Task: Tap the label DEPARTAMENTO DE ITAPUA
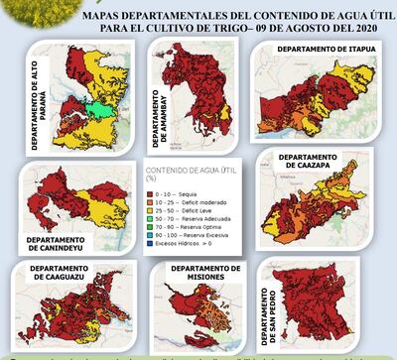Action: pyautogui.click(x=318, y=49)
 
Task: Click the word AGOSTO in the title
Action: pyautogui.click(x=301, y=28)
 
